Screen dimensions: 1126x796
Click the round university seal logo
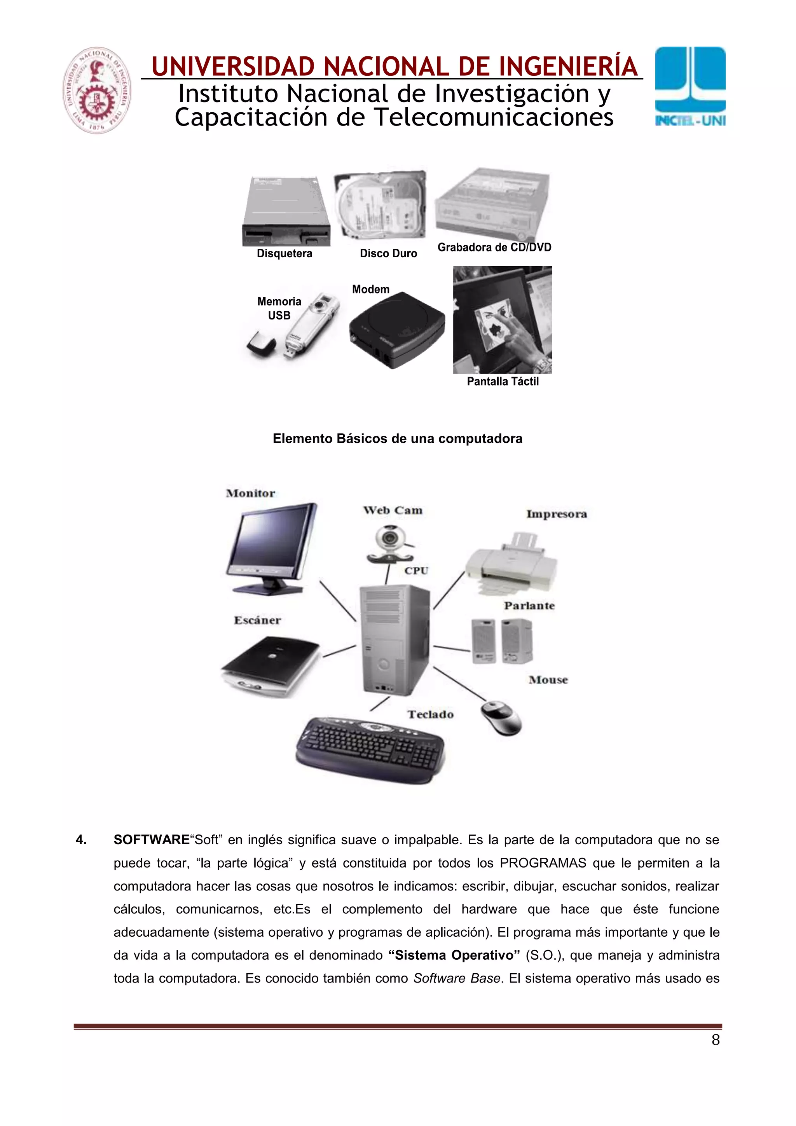point(97,90)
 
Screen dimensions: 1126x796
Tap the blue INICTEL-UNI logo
point(690,86)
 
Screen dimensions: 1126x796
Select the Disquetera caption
point(285,253)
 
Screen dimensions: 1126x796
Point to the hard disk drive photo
point(381,206)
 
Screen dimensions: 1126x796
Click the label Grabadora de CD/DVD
point(494,247)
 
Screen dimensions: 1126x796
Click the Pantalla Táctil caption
point(503,382)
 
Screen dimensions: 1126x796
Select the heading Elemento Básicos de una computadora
point(397,438)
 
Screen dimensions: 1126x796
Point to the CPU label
point(416,570)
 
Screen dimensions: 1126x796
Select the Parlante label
point(529,606)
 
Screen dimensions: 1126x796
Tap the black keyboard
point(370,749)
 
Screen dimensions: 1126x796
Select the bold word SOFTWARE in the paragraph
point(152,840)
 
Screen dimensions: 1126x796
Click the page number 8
point(716,1040)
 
